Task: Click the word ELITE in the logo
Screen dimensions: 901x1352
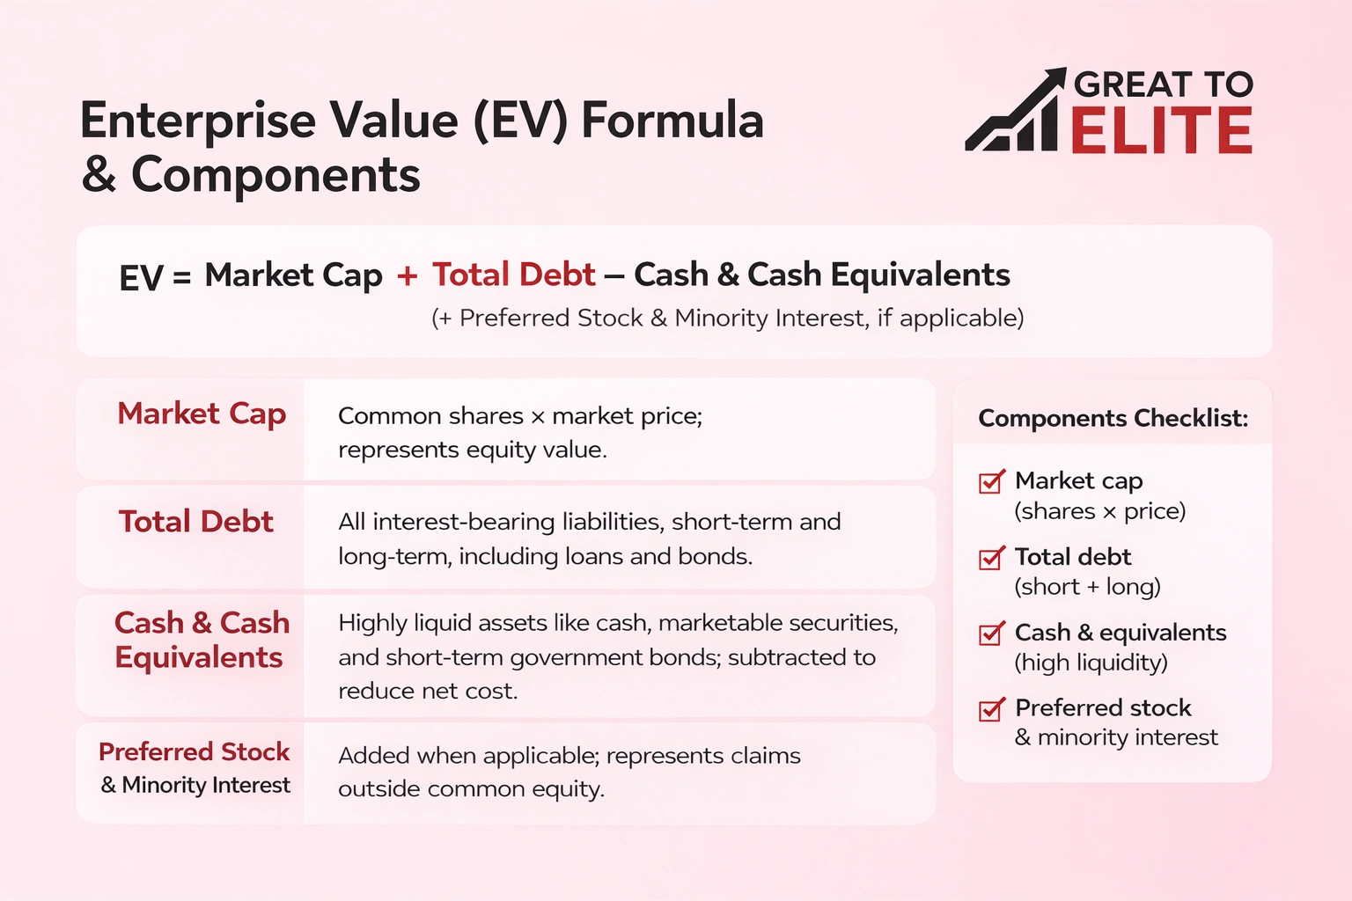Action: (1161, 132)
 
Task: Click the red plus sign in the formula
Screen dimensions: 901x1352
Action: (407, 275)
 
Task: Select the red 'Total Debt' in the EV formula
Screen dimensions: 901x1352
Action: (513, 275)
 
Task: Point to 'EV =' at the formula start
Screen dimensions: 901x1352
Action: (155, 278)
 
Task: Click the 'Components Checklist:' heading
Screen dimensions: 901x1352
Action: (1113, 418)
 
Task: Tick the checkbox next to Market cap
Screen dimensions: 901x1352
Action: (991, 482)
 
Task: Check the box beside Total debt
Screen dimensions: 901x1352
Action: (991, 558)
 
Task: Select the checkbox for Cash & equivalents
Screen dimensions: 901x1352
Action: (991, 634)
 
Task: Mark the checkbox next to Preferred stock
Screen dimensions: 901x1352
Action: (991, 709)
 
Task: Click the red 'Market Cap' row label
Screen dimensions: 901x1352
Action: (202, 414)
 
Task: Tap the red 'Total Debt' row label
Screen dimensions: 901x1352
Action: (196, 522)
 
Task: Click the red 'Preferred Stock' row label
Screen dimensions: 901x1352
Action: (194, 751)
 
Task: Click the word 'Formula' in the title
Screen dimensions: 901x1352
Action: (672, 121)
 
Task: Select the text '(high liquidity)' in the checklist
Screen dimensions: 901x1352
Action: (1091, 663)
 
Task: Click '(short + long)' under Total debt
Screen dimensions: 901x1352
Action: (1087, 587)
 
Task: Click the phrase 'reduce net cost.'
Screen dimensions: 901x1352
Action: (428, 692)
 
